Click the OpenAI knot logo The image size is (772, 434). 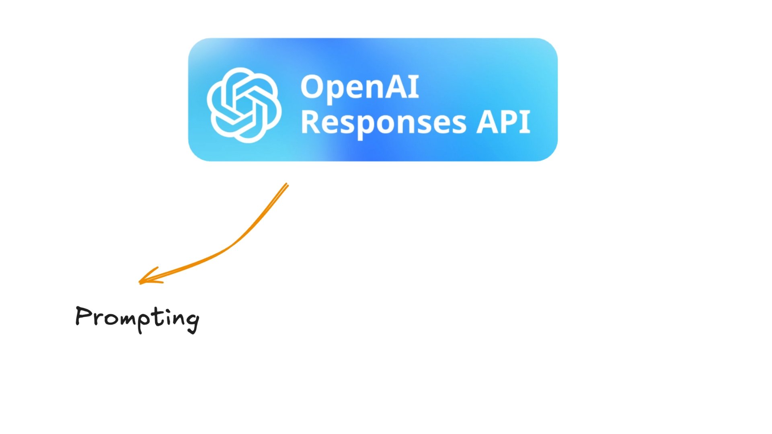coord(244,105)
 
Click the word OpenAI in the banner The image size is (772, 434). coord(360,87)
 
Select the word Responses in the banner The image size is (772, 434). coord(384,122)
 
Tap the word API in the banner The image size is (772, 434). coord(503,122)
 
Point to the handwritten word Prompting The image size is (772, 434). coord(137,319)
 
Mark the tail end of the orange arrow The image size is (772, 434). coord(287,185)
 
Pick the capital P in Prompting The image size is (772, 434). coord(84,316)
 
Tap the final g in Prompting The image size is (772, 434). coord(193,321)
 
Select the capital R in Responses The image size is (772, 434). coord(311,122)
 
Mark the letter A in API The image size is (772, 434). coord(487,122)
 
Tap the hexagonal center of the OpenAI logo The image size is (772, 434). coord(244,105)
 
